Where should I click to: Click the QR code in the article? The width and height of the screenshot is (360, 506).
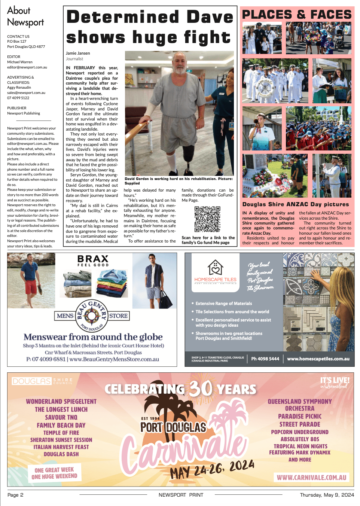point(207,219)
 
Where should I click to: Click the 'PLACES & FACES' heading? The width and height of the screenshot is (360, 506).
point(297,15)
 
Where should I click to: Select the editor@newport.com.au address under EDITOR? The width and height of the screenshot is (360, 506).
point(27,67)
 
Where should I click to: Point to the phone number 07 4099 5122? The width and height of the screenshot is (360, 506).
point(18,98)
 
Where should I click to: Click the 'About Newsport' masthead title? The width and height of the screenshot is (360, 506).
point(25,16)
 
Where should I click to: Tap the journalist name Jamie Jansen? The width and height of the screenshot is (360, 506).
point(78,54)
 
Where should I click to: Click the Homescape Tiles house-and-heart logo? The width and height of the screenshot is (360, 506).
point(216,268)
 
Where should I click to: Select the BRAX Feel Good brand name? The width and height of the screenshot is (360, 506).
point(93,260)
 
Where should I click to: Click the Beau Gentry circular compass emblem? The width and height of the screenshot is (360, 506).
point(92,316)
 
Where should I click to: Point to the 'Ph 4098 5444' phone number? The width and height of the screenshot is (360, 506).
point(265,359)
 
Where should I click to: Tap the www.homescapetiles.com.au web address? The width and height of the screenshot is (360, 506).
point(318,359)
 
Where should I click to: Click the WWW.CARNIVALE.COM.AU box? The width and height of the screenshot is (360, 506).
point(312,478)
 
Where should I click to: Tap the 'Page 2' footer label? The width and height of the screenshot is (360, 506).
point(15,495)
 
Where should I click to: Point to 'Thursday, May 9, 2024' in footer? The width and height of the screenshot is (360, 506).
point(327,495)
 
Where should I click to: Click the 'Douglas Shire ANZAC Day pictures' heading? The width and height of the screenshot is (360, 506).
point(296,204)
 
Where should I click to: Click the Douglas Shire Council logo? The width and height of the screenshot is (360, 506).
point(42,381)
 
